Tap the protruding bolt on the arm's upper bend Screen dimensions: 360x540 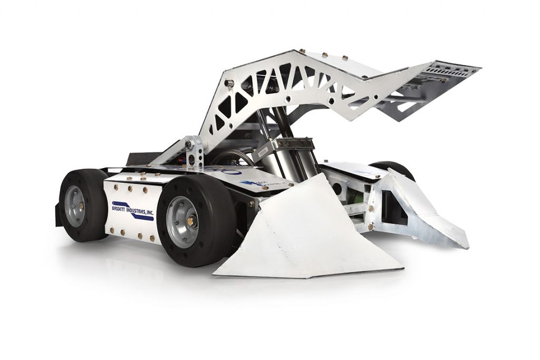click(x=230, y=82)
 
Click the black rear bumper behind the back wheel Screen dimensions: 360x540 click(x=57, y=216)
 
